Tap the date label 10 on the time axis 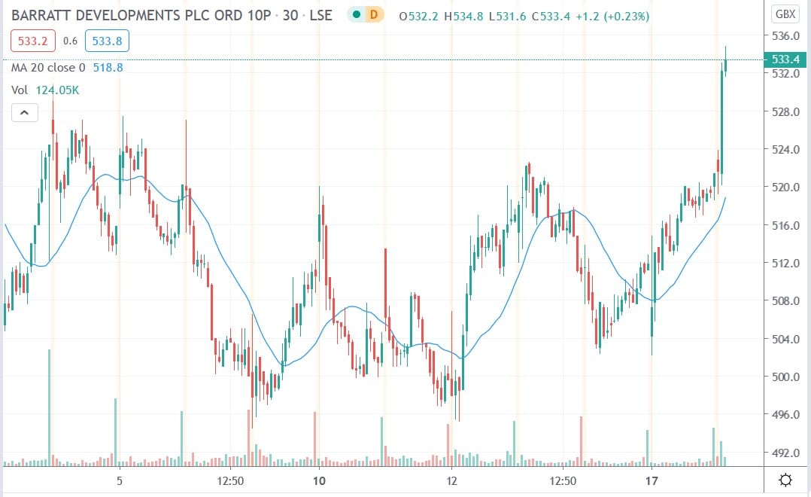pos(318,480)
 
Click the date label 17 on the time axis pos(652,480)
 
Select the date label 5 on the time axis pos(119,480)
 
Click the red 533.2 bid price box pos(32,41)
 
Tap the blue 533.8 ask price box pos(103,41)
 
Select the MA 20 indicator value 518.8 pos(108,68)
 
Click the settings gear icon pos(785,480)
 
